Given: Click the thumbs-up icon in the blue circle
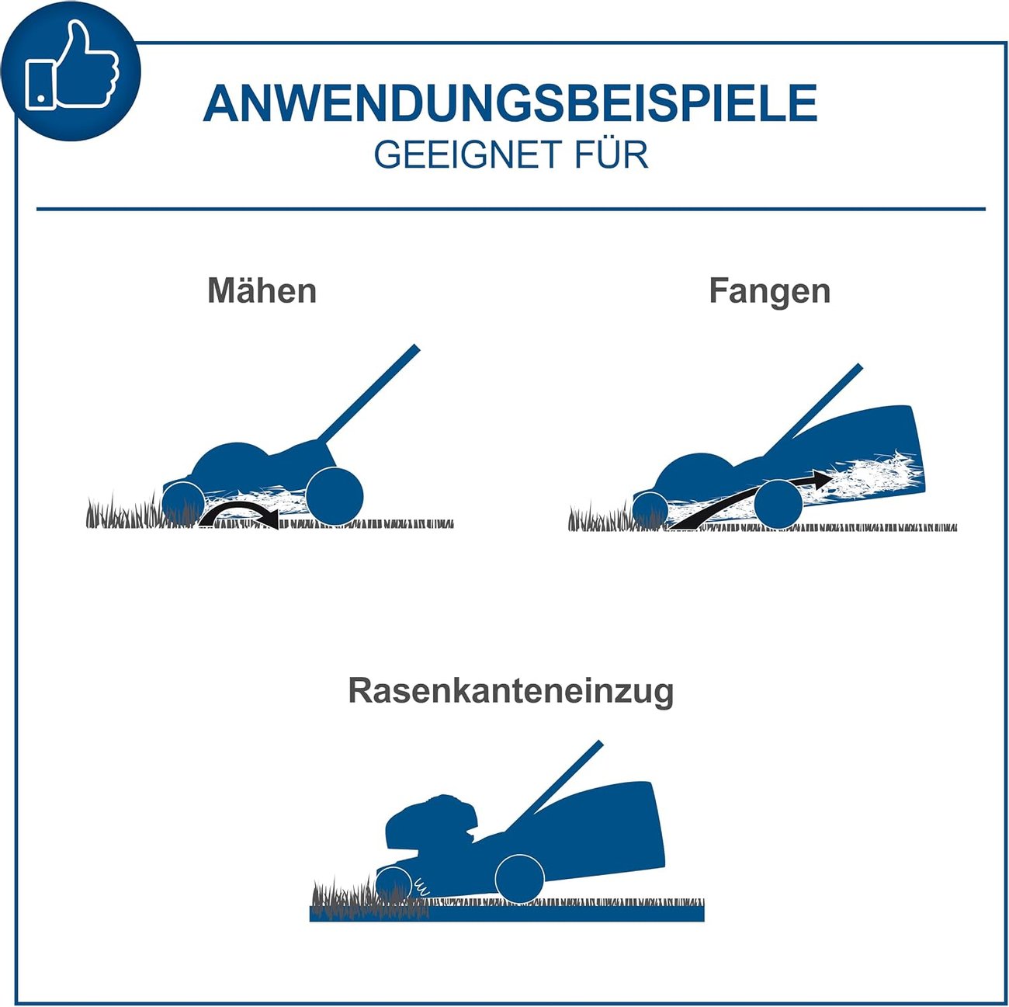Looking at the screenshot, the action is click(71, 65).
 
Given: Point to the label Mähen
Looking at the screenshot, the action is click(262, 290).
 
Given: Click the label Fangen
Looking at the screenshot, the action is click(769, 292).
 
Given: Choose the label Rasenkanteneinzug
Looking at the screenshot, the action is click(511, 691).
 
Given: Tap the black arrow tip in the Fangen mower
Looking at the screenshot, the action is click(823, 477).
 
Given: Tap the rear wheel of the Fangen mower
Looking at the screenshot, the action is click(778, 504).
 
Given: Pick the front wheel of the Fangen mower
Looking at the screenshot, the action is click(650, 510).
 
